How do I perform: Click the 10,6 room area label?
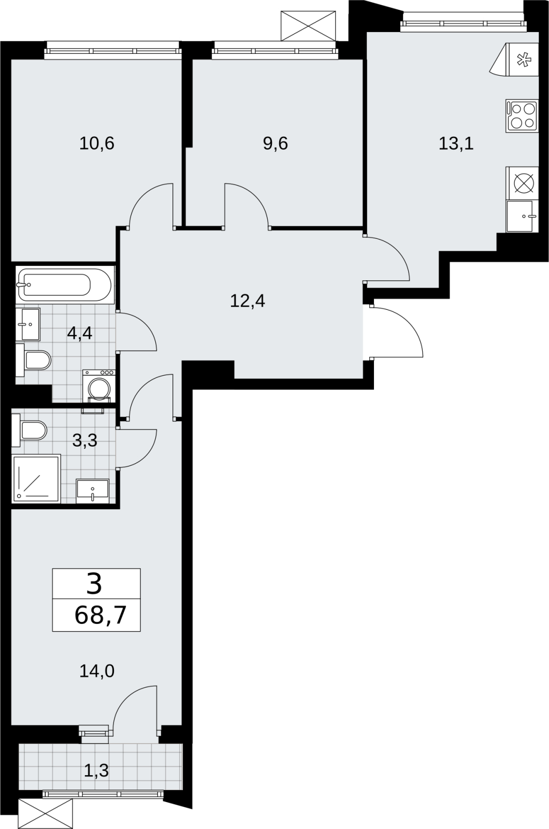[x=97, y=143]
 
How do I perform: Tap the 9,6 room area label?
[x=276, y=143]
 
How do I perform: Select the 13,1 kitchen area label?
[x=456, y=143]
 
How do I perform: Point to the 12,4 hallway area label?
[x=248, y=301]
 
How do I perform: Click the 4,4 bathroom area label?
[x=80, y=334]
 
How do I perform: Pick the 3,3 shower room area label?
[x=85, y=440]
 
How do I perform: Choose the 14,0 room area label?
[x=97, y=671]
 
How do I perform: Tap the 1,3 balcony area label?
[x=96, y=770]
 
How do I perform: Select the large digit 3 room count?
[x=94, y=584]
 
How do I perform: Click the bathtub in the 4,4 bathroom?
[x=64, y=284]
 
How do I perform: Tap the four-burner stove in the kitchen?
[x=522, y=116]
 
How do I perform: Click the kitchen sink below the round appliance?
[x=521, y=217]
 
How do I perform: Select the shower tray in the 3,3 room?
[x=37, y=479]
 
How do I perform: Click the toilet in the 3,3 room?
[x=29, y=431]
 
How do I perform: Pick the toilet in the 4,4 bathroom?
[x=33, y=360]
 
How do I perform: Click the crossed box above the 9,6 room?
[x=308, y=25]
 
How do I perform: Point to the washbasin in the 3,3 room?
[x=93, y=492]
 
